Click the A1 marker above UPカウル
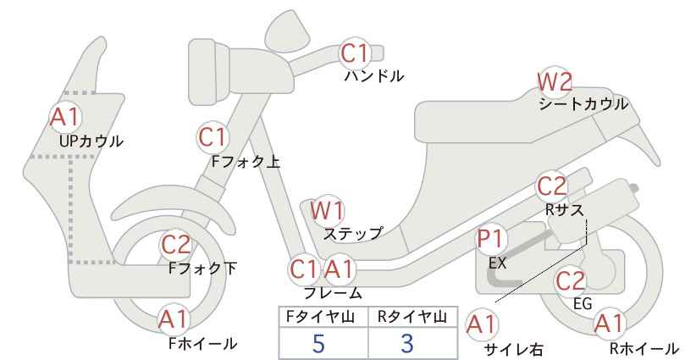pos(65,117)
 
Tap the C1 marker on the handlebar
pos(355,53)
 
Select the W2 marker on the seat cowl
pos(555,81)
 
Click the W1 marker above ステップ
pos(327,210)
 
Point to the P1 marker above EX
pos(491,239)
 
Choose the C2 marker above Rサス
pos(551,186)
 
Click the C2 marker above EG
pos(571,281)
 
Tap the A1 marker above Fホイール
pos(174,319)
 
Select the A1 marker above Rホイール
pos(610,324)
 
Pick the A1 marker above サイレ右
pos(482,325)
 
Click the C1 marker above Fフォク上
pos(213,137)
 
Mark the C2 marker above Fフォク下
pos(175,245)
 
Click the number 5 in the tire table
pos(318,343)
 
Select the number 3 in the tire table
pos(407,343)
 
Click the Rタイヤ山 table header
pos(412,317)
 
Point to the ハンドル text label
pos(374,76)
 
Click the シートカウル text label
pos(583,104)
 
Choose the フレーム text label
pos(333,292)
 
